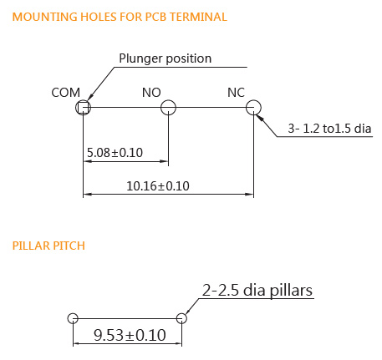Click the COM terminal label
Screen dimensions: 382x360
point(65,93)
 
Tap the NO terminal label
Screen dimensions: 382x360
point(151,93)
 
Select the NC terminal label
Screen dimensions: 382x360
point(236,93)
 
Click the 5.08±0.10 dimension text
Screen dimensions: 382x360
point(115,153)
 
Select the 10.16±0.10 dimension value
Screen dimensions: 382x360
point(158,186)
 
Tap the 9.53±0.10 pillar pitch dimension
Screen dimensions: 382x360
point(130,335)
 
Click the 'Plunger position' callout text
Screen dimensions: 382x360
point(166,58)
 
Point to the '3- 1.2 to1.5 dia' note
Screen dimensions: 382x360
point(329,129)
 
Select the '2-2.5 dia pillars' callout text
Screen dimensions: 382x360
point(257,291)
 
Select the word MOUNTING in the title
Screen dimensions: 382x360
point(45,17)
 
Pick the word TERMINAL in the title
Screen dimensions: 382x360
point(198,17)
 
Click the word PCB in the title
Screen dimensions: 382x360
point(156,17)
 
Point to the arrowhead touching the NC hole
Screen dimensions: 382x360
point(259,119)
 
